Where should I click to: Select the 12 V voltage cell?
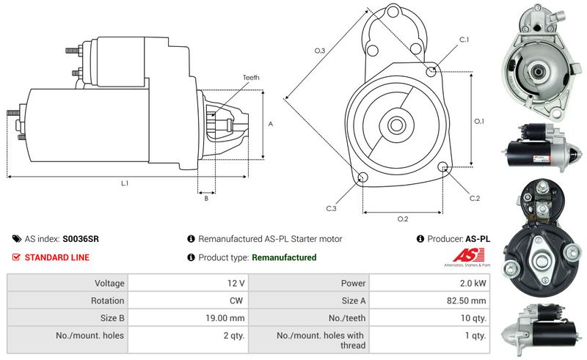(236, 283)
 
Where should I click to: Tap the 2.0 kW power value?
(473, 283)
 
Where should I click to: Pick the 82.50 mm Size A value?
(467, 301)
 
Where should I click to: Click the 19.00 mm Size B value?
(227, 318)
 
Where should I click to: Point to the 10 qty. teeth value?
(473, 318)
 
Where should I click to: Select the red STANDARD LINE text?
(56, 257)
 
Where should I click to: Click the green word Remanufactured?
(284, 257)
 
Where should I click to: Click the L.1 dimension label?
(125, 183)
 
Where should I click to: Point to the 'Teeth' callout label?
(251, 78)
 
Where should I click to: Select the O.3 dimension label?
(320, 51)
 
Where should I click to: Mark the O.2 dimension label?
(403, 219)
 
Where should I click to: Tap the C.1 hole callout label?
(464, 39)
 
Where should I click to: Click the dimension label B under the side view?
(206, 198)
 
